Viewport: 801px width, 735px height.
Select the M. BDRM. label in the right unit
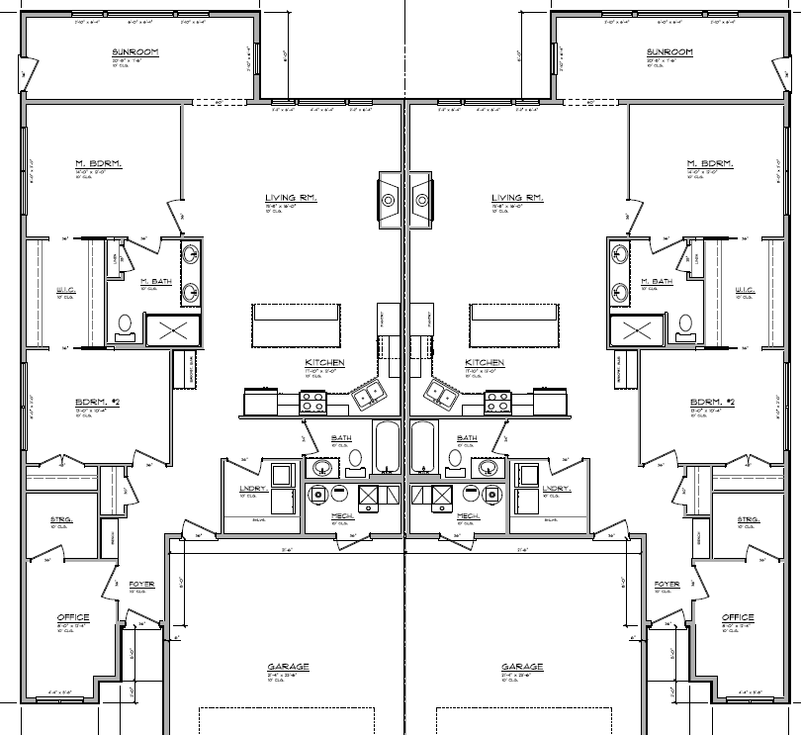pos(710,162)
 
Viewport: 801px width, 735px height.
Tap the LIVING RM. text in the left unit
pos(291,199)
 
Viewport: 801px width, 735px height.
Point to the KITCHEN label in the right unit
pos(485,363)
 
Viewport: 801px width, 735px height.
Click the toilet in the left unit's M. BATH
pos(126,323)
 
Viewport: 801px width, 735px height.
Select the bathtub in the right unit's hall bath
pos(423,446)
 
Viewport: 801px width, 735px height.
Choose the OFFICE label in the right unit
pos(738,617)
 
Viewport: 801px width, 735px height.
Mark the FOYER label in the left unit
pos(141,585)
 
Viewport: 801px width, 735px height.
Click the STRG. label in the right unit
pos(748,518)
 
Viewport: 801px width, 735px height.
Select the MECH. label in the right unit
pos(469,516)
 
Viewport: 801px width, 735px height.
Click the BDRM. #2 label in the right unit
pos(714,402)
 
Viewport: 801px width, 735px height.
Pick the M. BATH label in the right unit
pos(655,282)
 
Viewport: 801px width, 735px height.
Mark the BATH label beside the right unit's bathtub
pos(468,437)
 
